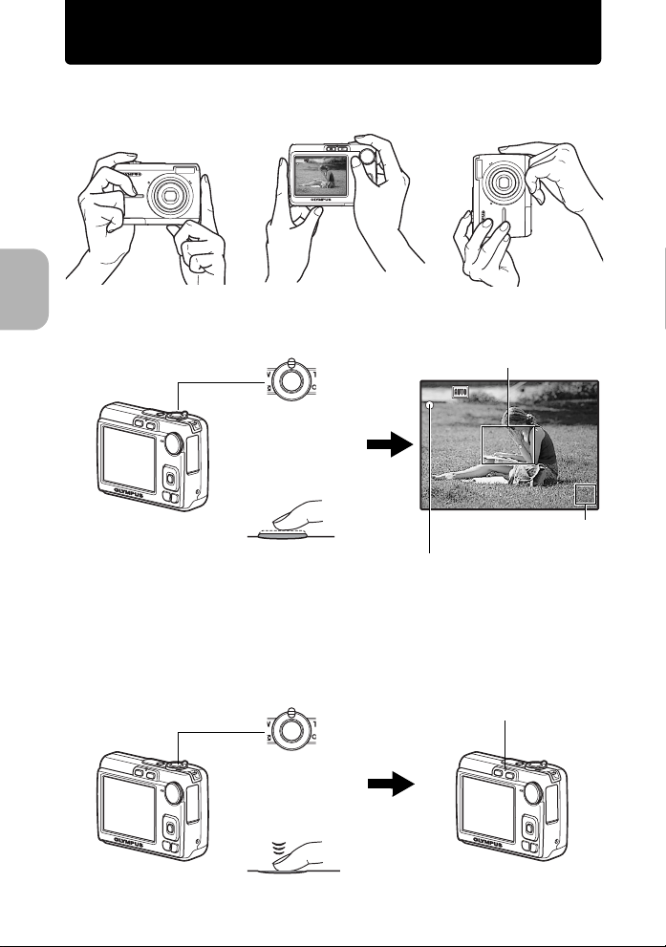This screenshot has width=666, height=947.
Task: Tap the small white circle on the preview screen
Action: coord(432,405)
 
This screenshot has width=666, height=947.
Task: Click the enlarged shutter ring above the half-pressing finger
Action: coord(286,380)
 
